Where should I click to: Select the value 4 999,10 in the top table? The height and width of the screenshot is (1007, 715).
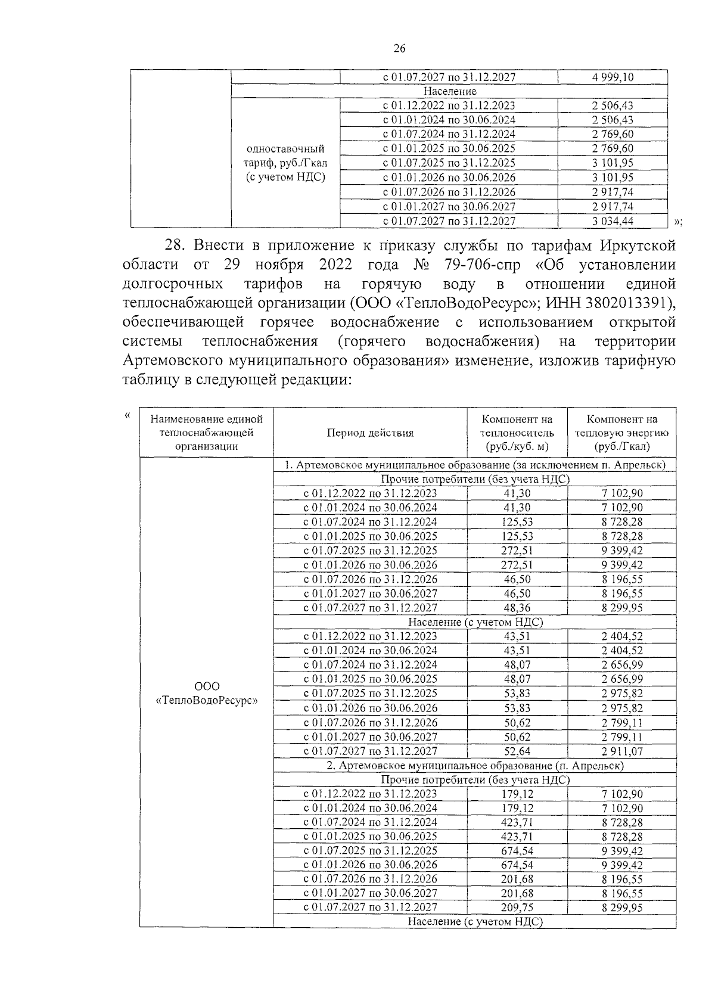[x=613, y=77]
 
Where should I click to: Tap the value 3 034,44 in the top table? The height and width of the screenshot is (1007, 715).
[x=613, y=221]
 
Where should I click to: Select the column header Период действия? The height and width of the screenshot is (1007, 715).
[x=370, y=433]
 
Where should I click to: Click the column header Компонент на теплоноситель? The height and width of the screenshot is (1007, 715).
[x=517, y=433]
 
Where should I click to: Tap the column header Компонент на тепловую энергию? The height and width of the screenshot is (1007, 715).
[x=621, y=433]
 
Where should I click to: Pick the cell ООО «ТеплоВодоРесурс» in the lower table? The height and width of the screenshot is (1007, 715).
[x=207, y=693]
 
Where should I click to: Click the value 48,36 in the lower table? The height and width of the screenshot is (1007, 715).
[x=517, y=608]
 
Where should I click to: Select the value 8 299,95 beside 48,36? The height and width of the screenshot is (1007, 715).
[x=621, y=608]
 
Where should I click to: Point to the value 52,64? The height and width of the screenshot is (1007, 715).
[x=517, y=751]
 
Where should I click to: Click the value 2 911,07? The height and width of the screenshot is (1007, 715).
[x=621, y=751]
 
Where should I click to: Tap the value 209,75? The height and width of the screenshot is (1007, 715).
[x=517, y=907]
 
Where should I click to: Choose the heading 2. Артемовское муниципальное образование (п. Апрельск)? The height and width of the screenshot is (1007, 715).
[x=475, y=766]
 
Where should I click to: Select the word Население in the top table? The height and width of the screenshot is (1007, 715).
[x=450, y=92]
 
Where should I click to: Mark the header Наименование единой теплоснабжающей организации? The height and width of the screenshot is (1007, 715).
[x=207, y=433]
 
